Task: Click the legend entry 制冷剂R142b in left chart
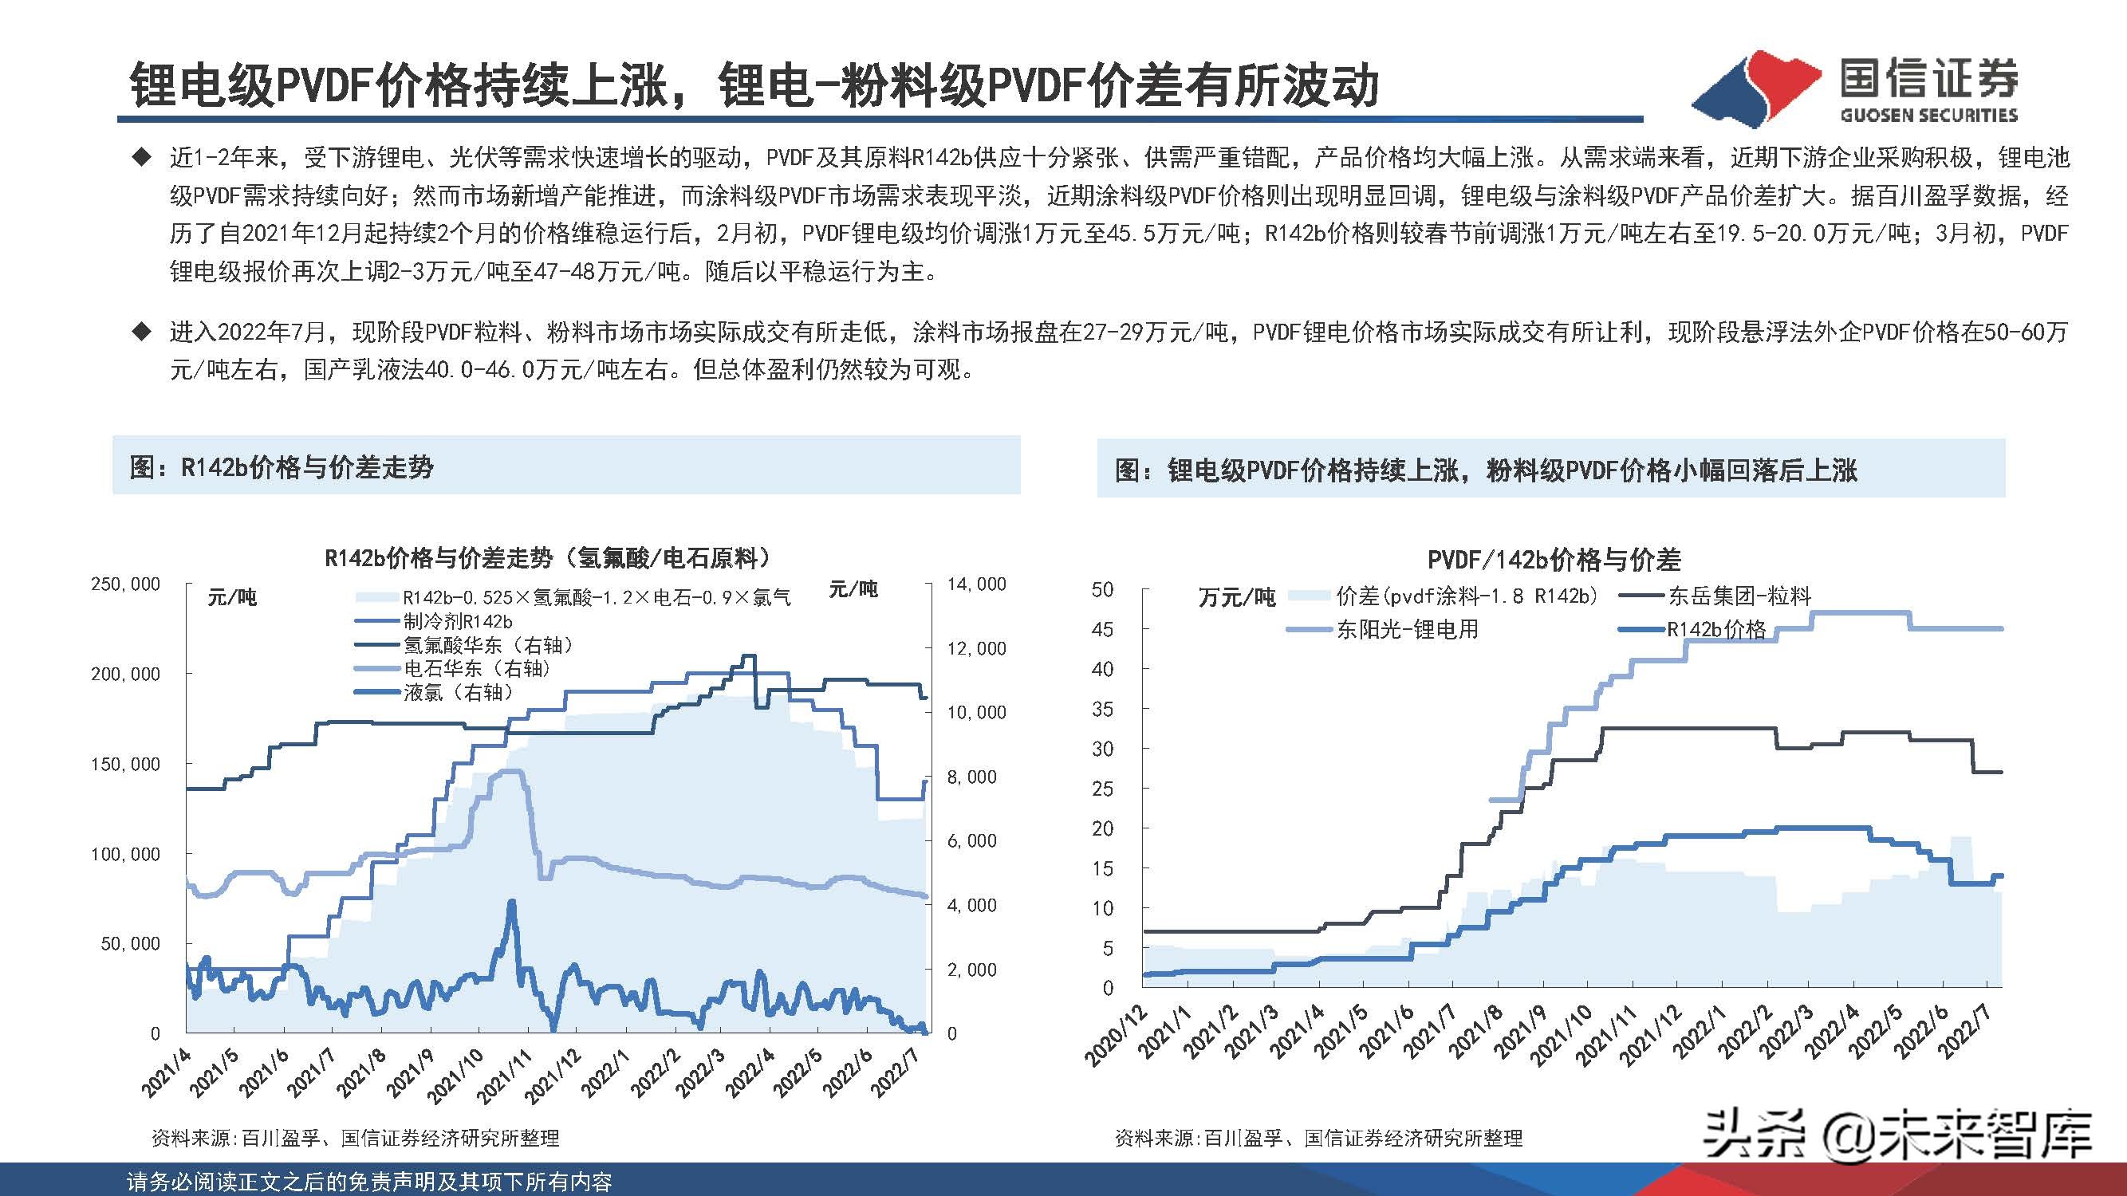[458, 620]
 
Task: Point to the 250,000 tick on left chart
[125, 584]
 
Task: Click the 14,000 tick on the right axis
[976, 584]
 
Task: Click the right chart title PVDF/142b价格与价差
[1553, 561]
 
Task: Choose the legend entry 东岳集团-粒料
[1738, 595]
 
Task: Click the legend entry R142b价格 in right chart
[1715, 630]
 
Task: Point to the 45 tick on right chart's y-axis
[1102, 629]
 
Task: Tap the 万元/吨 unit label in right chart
[1236, 596]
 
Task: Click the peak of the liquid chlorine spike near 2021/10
[512, 902]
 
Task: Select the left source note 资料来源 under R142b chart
[355, 1139]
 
